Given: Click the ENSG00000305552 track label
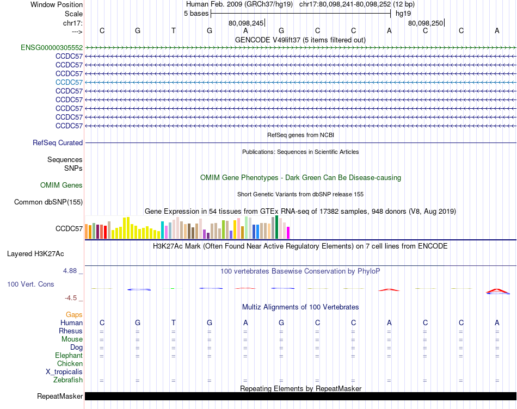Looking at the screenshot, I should [x=52, y=48].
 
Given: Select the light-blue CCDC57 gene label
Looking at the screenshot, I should [x=69, y=82].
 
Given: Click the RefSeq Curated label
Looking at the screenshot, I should [x=58, y=143].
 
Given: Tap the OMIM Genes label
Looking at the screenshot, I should [x=61, y=185].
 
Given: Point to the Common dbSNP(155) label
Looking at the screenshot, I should [x=48, y=202].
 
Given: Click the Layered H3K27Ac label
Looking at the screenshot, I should [x=35, y=254].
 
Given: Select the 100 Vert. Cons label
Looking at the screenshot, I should [x=30, y=284].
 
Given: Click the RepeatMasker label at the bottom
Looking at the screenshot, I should [x=60, y=396].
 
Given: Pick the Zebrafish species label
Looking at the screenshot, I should [x=69, y=380].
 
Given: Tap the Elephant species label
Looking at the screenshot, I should [x=69, y=356].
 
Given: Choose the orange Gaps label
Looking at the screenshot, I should [x=74, y=315].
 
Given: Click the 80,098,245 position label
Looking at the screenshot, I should [x=246, y=23].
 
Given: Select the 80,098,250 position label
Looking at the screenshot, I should [x=426, y=23].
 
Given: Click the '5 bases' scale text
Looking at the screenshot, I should [x=196, y=14].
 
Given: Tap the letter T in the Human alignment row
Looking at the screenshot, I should [x=174, y=323].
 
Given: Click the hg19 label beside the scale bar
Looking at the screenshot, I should [x=403, y=14].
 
